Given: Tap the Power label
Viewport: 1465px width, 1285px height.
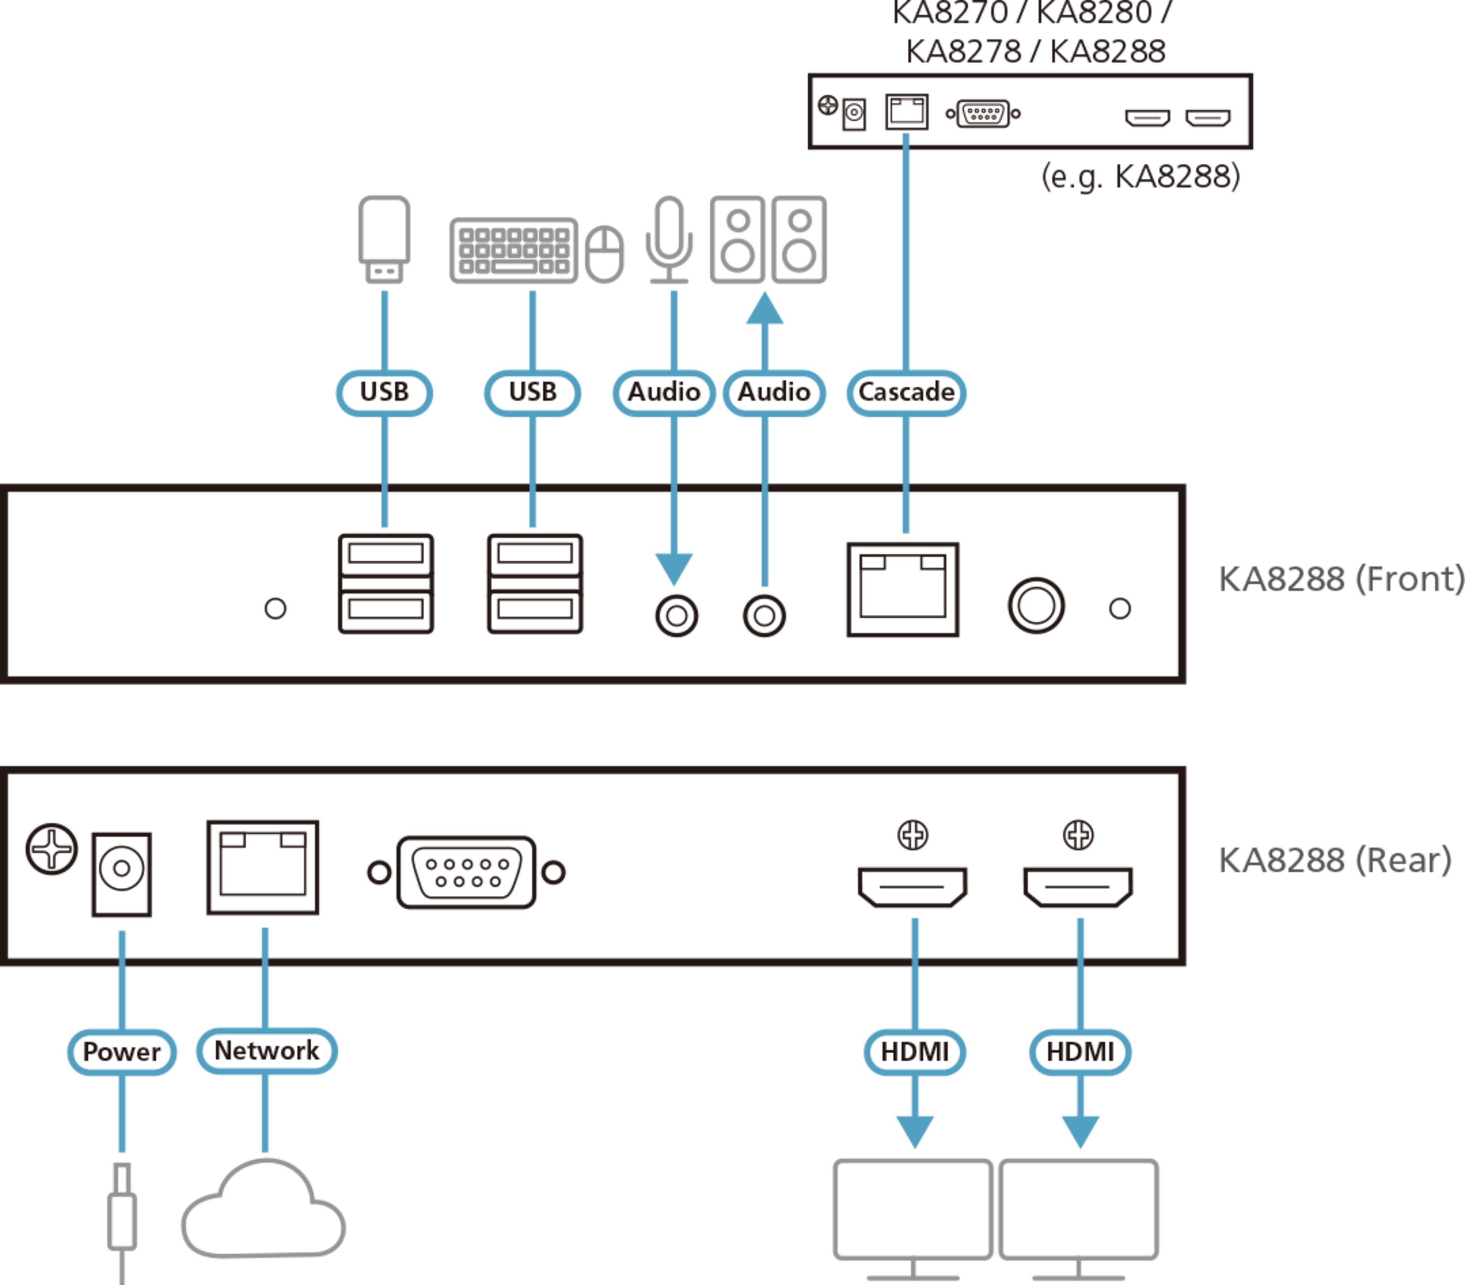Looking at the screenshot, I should (x=122, y=1052).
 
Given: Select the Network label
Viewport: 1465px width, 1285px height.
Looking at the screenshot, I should (x=267, y=1051).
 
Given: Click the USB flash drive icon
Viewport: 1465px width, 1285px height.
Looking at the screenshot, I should (x=384, y=239).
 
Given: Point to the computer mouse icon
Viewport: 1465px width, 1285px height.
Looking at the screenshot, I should (x=604, y=254).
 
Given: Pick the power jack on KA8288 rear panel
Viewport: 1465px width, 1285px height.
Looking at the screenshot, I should (x=122, y=874).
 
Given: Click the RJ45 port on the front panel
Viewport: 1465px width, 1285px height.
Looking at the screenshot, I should (x=903, y=589).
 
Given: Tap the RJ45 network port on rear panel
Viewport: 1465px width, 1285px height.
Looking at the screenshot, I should (x=263, y=867).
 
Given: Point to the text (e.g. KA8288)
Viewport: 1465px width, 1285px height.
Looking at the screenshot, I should (x=1140, y=176).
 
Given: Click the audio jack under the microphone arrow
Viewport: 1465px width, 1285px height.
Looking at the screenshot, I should (x=676, y=615).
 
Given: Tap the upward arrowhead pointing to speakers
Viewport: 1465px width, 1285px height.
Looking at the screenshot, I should (x=765, y=310).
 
